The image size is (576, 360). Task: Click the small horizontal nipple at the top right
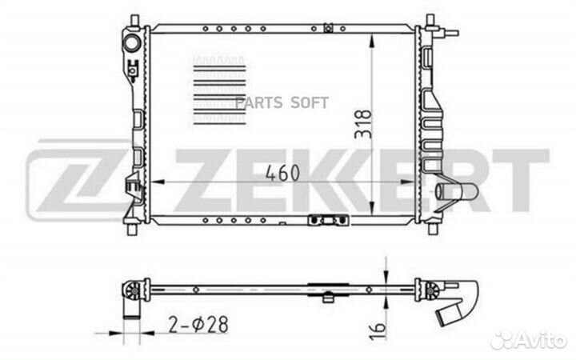click(x=453, y=34)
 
